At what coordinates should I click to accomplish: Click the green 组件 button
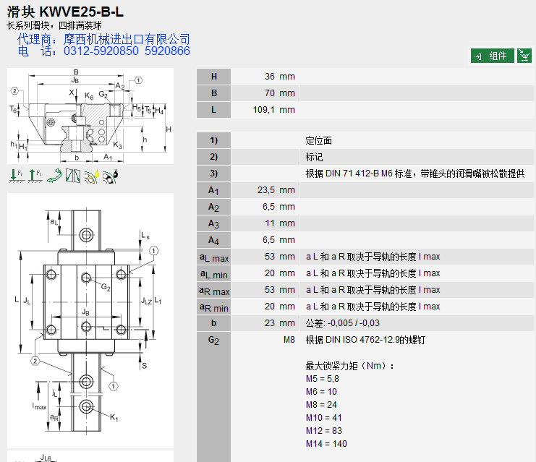[x=492, y=56]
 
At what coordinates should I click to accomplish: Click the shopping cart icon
[x=524, y=56]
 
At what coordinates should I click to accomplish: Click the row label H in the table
[x=213, y=77]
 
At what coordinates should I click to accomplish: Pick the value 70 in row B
[x=268, y=93]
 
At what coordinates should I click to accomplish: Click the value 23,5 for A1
[x=265, y=190]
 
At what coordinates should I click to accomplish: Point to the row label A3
[x=213, y=223]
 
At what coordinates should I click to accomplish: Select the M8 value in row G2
[x=289, y=340]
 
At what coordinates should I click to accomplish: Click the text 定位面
[x=318, y=140]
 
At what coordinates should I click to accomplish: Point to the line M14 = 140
[x=326, y=444]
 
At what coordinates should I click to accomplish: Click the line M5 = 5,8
[x=322, y=378]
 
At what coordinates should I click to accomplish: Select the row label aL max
[x=213, y=257]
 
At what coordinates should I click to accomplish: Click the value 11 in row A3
[x=269, y=223]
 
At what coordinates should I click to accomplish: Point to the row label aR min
[x=213, y=307]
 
